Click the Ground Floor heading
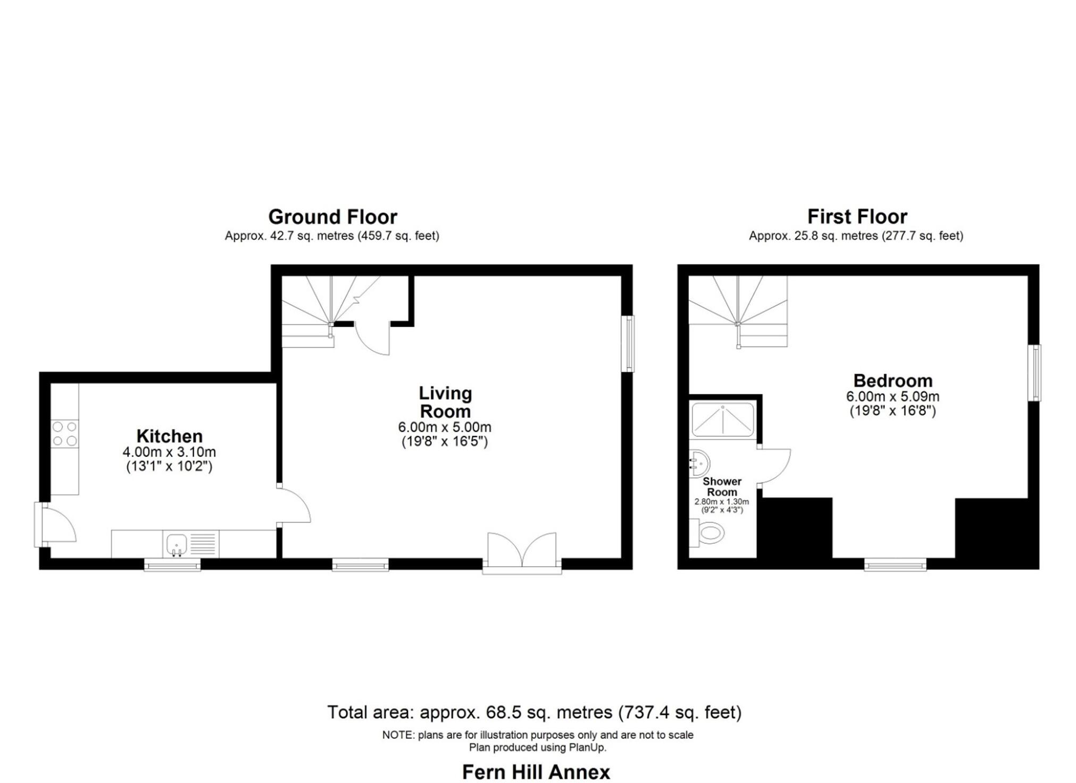tap(332, 217)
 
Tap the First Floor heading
tap(857, 216)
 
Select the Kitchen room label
tap(169, 436)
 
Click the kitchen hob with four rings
tap(65, 434)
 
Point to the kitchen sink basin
tap(176, 544)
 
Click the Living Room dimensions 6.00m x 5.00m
tap(444, 427)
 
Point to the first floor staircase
tap(738, 311)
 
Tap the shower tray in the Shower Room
tap(722, 419)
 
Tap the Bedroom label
tap(893, 381)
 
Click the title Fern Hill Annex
tap(536, 771)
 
